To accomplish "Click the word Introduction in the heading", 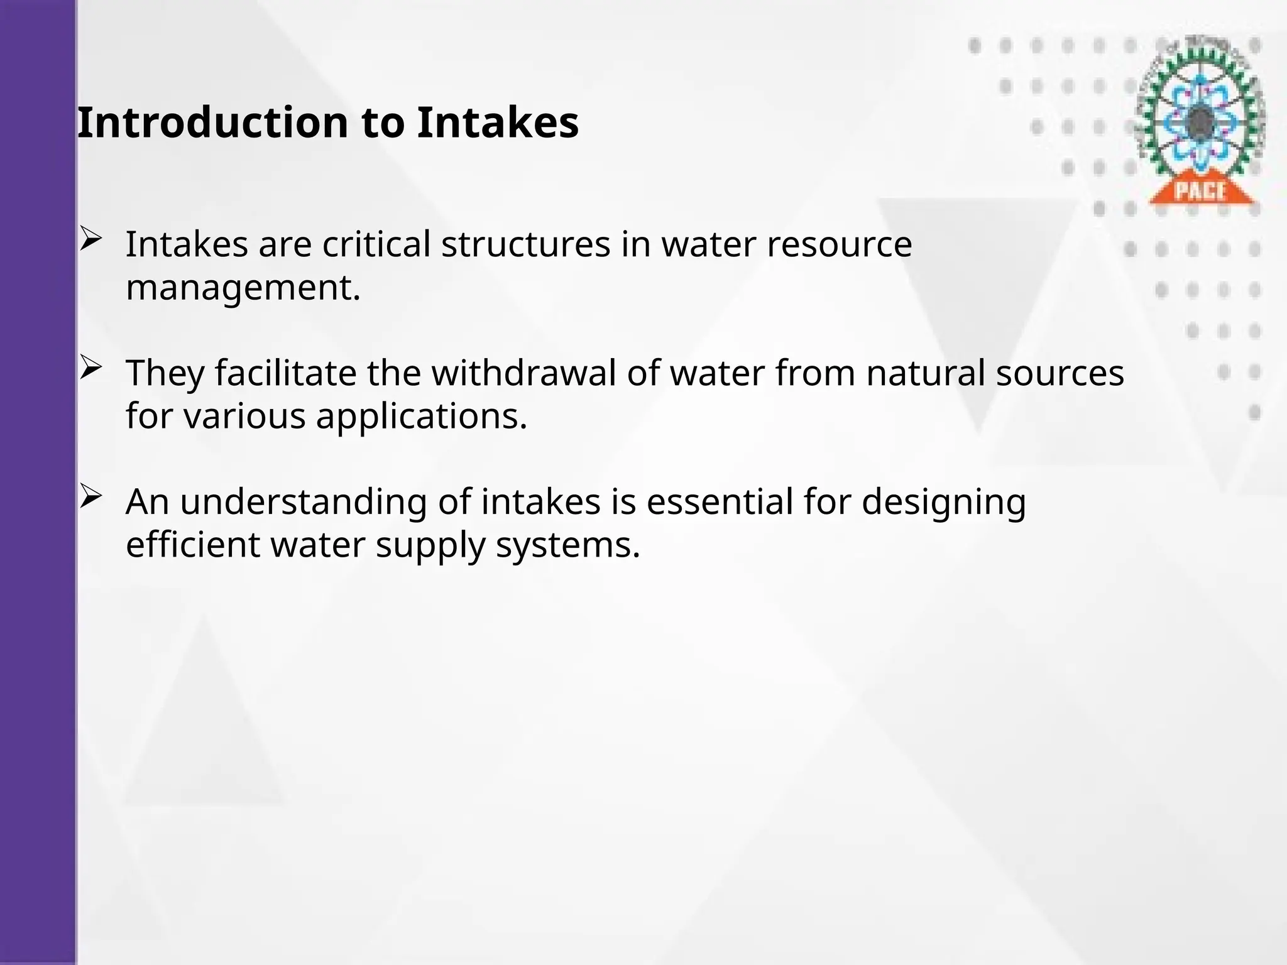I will click(213, 123).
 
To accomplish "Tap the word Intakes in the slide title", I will click(497, 123).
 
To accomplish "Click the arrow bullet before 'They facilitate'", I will click(91, 368).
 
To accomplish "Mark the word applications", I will click(421, 416).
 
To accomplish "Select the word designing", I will click(943, 503).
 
